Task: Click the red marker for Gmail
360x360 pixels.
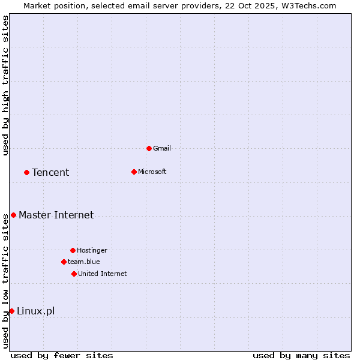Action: click(x=149, y=148)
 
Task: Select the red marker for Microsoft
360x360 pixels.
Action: click(x=134, y=172)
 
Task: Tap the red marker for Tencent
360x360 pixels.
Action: click(x=26, y=172)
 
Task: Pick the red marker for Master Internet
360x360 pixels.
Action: click(x=13, y=215)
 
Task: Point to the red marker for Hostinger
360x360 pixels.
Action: click(x=73, y=250)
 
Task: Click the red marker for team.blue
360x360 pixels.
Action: click(x=64, y=262)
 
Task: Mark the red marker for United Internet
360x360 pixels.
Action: click(x=74, y=274)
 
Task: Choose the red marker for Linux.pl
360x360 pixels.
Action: click(x=11, y=311)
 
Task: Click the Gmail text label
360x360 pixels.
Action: click(x=162, y=148)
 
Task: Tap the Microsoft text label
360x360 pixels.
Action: click(x=152, y=172)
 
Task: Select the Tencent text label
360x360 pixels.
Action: click(x=50, y=172)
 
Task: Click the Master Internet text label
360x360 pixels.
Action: click(x=56, y=215)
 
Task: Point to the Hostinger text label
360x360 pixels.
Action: click(x=92, y=250)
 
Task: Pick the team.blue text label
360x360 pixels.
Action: click(x=84, y=262)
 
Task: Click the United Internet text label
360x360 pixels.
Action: click(x=103, y=274)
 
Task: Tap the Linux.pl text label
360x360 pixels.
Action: click(x=35, y=311)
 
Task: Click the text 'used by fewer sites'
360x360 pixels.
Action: click(x=62, y=355)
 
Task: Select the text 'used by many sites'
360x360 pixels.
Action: click(x=301, y=355)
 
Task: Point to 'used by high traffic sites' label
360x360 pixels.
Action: click(x=5, y=86)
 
